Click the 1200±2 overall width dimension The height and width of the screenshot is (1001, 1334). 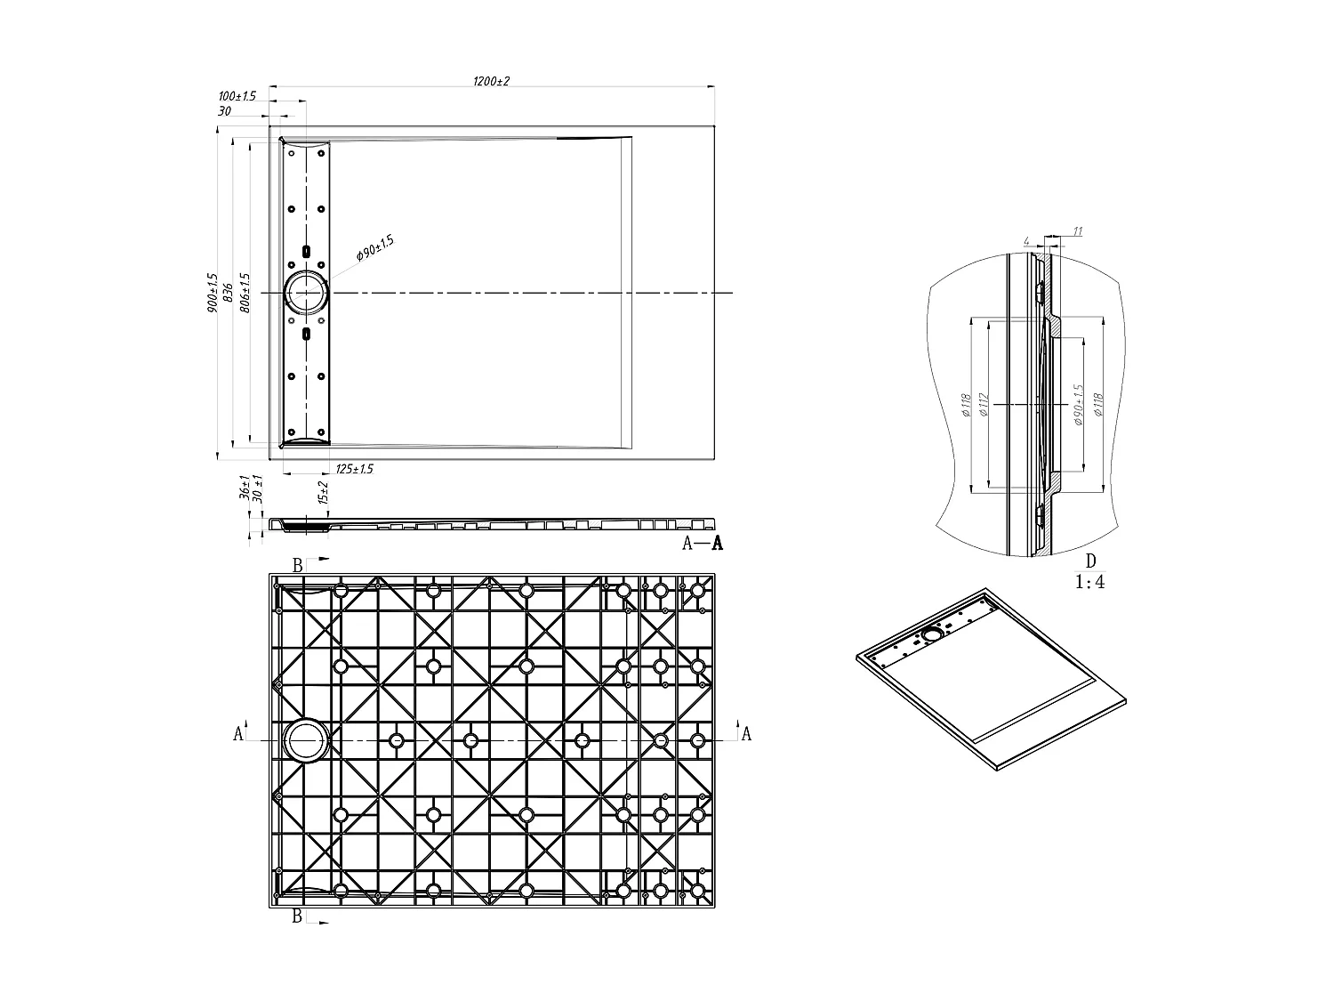(x=491, y=81)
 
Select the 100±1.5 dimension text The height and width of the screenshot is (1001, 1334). (x=237, y=96)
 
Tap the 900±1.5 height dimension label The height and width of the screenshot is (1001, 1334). (x=212, y=293)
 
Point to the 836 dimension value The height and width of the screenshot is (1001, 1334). (x=228, y=291)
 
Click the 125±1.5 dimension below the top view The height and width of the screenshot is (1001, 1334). (x=353, y=469)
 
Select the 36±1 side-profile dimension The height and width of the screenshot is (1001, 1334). (x=244, y=490)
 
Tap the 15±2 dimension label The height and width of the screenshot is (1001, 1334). (x=324, y=492)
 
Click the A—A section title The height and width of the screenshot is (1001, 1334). (x=702, y=544)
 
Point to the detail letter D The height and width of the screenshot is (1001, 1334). (x=1090, y=561)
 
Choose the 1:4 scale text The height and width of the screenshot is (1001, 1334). (x=1090, y=583)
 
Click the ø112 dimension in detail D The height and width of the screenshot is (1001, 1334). (x=984, y=404)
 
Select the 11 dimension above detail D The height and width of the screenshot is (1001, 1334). (x=1077, y=232)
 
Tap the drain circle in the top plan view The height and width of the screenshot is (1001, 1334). (x=306, y=293)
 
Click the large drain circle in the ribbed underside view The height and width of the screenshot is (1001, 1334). (x=306, y=740)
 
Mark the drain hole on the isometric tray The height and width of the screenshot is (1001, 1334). (x=932, y=634)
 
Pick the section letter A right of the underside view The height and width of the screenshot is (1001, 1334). (x=746, y=734)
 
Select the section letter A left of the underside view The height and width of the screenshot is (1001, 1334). (x=237, y=734)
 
